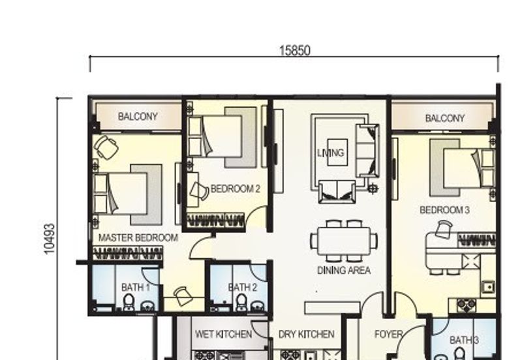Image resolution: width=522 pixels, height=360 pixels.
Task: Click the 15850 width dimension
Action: pyautogui.click(x=295, y=51)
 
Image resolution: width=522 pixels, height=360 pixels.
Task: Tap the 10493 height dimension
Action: pyautogui.click(x=50, y=239)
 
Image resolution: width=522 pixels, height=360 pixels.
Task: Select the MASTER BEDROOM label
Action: pyautogui.click(x=138, y=237)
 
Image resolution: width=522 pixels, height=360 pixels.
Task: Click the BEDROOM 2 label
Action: pyautogui.click(x=236, y=188)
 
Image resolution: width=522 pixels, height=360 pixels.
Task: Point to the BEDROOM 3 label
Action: pyautogui.click(x=444, y=210)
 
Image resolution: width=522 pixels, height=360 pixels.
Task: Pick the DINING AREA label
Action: pyautogui.click(x=344, y=270)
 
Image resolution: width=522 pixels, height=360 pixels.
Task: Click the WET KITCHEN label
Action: pyautogui.click(x=223, y=334)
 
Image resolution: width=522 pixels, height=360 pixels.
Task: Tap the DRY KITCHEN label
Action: pyautogui.click(x=306, y=334)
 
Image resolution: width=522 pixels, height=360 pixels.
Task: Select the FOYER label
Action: pyautogui.click(x=388, y=334)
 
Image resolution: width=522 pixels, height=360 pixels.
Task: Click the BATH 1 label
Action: pyautogui.click(x=136, y=287)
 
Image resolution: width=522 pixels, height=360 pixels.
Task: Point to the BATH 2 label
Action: pyautogui.click(x=243, y=287)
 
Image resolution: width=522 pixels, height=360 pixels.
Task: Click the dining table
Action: pyautogui.click(x=344, y=241)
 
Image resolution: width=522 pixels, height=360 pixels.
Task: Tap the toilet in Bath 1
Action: pyautogui.click(x=129, y=302)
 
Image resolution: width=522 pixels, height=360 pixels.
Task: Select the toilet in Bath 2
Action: pyautogui.click(x=241, y=302)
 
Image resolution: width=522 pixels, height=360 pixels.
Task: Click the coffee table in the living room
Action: pyautogui.click(x=337, y=152)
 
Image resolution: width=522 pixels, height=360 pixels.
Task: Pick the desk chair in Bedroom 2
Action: pyautogui.click(x=199, y=191)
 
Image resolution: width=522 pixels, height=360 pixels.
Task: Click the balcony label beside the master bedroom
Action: pyautogui.click(x=138, y=117)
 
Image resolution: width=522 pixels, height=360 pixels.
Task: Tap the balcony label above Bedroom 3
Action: pyautogui.click(x=445, y=118)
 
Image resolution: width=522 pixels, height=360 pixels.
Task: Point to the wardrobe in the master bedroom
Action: pyautogui.click(x=128, y=253)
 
